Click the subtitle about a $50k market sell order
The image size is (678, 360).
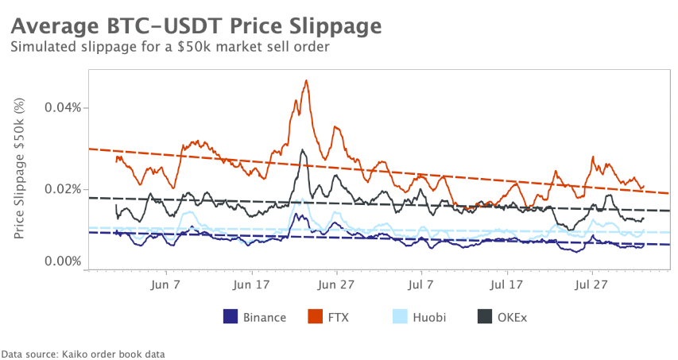point(169,48)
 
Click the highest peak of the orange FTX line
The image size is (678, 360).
point(306,80)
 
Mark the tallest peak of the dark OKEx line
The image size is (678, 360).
point(303,149)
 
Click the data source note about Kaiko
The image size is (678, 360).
point(83,353)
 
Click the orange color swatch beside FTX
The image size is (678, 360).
point(314,317)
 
